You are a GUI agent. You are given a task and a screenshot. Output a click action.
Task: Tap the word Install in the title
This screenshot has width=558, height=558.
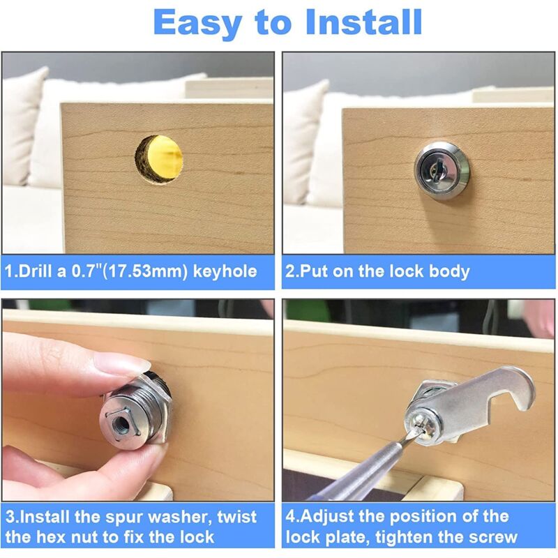coord(363,22)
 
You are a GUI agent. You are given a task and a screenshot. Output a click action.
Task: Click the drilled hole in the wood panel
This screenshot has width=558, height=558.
coord(159,160)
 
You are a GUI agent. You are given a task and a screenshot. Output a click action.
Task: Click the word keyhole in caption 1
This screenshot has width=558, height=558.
coord(225,271)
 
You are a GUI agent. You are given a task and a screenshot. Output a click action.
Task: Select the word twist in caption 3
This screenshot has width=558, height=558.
coord(236,517)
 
